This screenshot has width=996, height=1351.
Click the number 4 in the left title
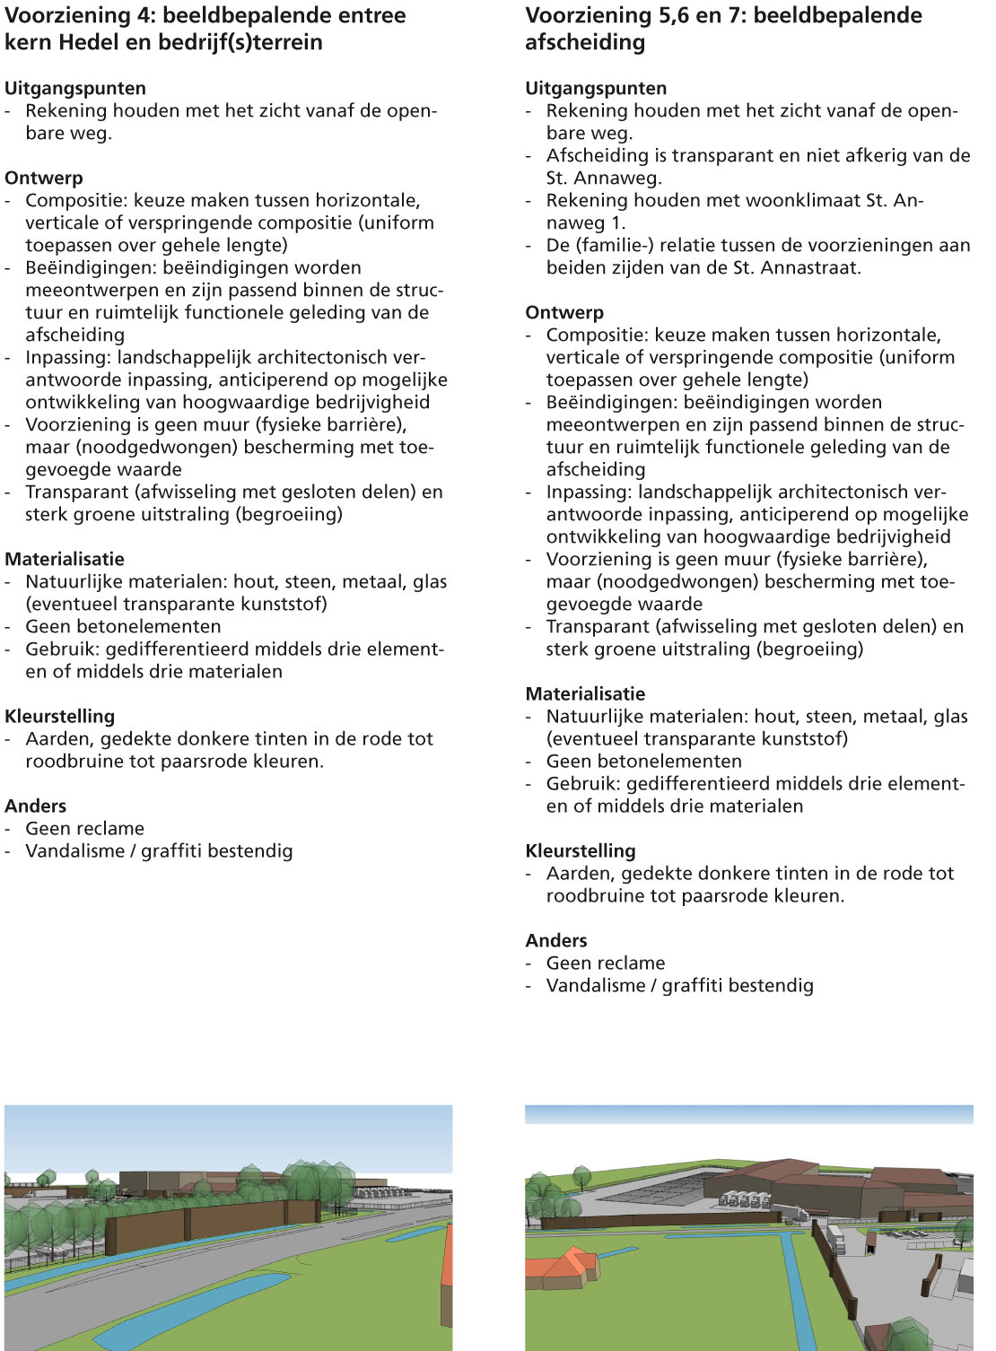point(146,15)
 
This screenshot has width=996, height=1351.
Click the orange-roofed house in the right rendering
point(564,1269)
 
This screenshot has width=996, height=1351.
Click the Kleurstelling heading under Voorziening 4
point(60,716)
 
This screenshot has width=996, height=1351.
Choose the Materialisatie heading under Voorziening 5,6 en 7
point(585,693)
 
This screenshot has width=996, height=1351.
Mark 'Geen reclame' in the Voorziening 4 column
point(84,828)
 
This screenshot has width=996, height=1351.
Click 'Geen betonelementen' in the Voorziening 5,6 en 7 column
point(643,761)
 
